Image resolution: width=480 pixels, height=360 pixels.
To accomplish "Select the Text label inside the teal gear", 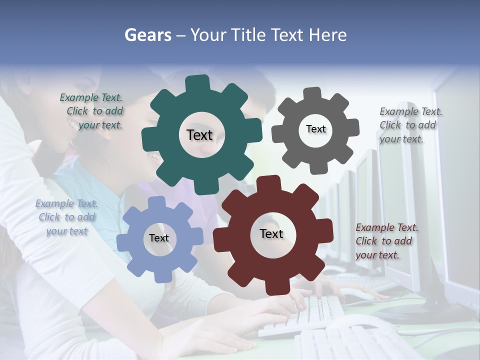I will click(x=199, y=135).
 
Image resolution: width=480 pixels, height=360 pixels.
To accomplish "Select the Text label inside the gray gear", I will click(x=315, y=129).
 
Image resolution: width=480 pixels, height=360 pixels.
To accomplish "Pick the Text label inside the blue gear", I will click(x=159, y=238).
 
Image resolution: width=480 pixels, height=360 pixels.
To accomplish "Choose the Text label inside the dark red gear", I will click(x=271, y=233).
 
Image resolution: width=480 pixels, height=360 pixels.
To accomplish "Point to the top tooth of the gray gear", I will click(x=312, y=94).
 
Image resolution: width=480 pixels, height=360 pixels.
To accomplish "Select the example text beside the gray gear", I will click(x=408, y=125).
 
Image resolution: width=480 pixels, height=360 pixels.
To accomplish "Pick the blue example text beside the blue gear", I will click(x=66, y=217).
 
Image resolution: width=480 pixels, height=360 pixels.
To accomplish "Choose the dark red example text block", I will click(x=385, y=241).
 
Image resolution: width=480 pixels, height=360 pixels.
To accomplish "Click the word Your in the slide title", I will click(x=208, y=35).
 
